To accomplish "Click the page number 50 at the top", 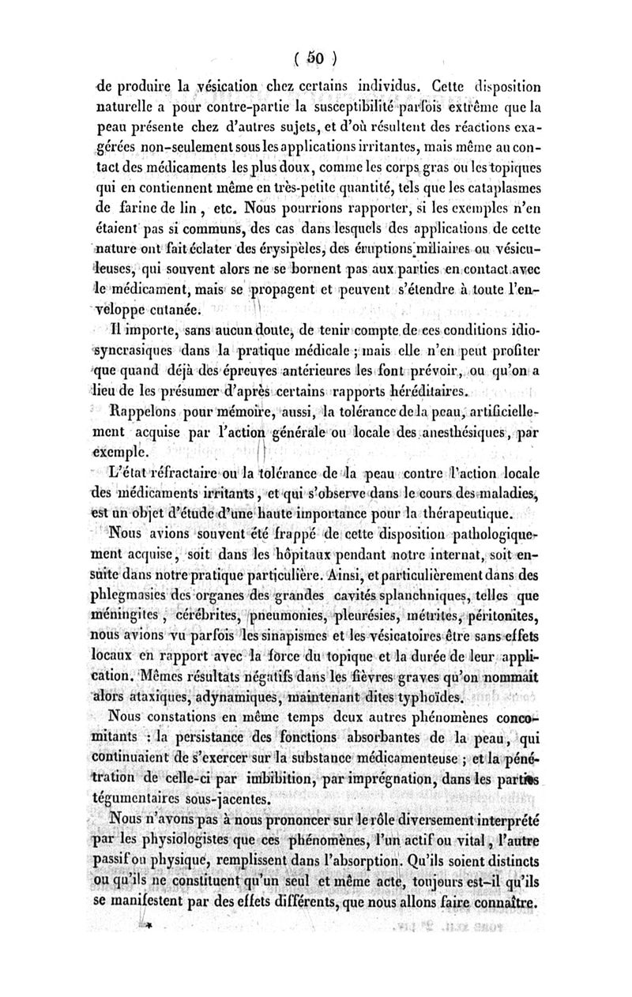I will coord(315,58).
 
